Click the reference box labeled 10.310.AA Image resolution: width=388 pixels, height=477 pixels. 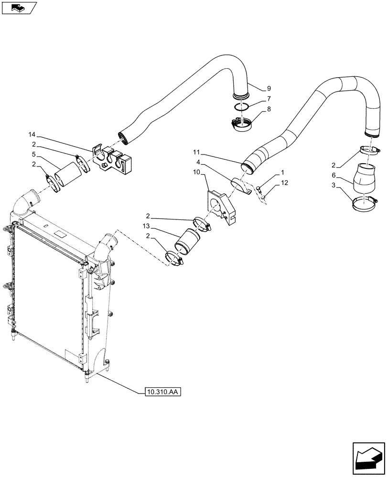[x=163, y=392]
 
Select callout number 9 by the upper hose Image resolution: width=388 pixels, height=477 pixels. [x=269, y=88]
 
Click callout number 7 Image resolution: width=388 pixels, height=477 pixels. [x=269, y=99]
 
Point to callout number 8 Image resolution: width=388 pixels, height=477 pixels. [x=269, y=109]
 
